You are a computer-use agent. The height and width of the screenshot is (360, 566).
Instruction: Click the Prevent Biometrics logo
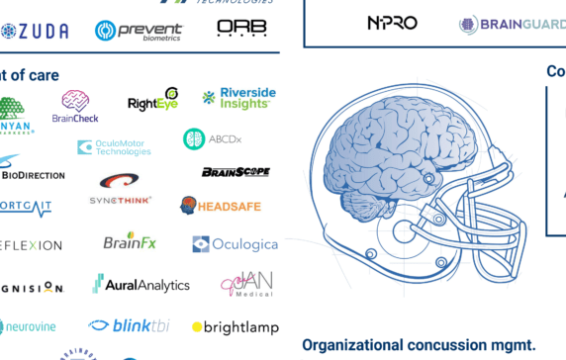[x=139, y=31]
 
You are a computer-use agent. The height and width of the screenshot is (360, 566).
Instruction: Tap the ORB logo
[x=241, y=29]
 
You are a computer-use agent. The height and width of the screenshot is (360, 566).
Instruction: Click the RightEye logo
[x=153, y=101]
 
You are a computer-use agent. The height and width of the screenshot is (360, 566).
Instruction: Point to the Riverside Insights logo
[x=238, y=97]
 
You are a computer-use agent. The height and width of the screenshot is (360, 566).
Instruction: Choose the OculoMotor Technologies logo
[x=114, y=148]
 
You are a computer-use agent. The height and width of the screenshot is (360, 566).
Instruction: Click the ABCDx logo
[x=212, y=139]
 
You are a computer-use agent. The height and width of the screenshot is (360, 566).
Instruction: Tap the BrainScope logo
[x=236, y=172]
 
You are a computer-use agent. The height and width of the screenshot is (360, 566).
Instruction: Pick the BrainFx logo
[x=130, y=241]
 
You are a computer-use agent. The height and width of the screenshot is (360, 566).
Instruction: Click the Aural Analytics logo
[x=141, y=285]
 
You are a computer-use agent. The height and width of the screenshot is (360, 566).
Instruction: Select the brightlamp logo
[x=236, y=327]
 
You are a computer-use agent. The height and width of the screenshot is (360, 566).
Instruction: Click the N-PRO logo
[x=392, y=23]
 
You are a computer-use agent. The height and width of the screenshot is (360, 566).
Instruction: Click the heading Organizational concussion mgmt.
[x=418, y=345]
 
